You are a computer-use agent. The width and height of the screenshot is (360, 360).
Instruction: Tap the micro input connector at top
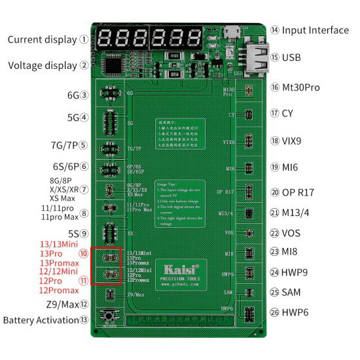[231, 31]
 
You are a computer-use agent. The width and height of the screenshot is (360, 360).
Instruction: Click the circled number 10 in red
[83, 253]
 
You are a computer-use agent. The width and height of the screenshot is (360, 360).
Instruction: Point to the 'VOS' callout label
[291, 234]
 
